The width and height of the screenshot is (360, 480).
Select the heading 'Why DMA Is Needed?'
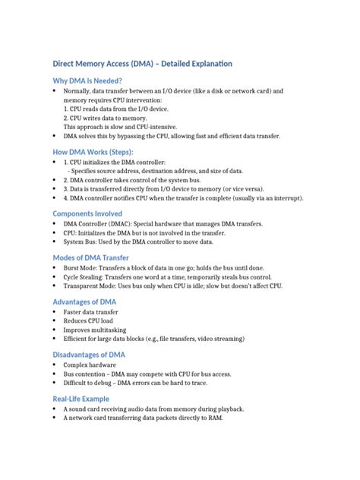tap(87, 81)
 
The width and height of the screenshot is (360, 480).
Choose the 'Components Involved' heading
tap(87, 213)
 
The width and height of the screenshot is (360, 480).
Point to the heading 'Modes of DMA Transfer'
tap(91, 258)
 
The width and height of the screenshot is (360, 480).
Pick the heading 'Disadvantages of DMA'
tap(89, 355)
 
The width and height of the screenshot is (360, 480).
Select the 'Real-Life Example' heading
tap(81, 399)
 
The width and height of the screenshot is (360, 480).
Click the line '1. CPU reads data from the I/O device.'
tap(118, 109)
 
